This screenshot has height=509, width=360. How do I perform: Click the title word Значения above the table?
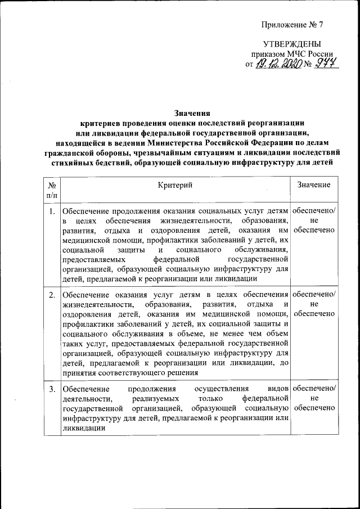pos(192,112)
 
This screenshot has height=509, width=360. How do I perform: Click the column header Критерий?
pos(175,184)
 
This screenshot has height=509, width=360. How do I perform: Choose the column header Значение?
pos(314,184)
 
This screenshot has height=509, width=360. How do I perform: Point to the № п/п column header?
pos(52,190)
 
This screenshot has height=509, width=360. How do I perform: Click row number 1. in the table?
pos(52,211)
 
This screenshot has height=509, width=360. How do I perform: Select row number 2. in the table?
pos(52,295)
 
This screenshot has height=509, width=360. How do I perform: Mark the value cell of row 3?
pos(314,398)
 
